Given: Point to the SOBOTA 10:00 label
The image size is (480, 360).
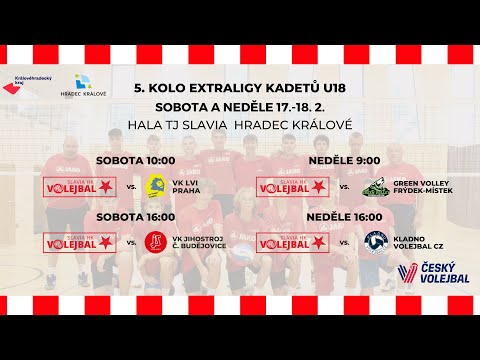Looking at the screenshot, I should [135, 160].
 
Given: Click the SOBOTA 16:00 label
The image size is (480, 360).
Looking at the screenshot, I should [135, 217].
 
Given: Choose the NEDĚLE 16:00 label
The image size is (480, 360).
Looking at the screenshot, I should [344, 217].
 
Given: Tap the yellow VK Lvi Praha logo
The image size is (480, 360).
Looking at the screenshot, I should [156, 185].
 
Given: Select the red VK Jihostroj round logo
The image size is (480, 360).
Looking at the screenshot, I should [156, 241].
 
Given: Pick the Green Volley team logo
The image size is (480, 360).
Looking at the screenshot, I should [376, 185].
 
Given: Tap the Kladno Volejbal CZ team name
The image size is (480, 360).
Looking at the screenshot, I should [424, 242].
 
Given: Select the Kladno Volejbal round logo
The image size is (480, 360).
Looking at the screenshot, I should [376, 242].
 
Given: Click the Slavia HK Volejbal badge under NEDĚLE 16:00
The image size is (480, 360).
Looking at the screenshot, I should [292, 242].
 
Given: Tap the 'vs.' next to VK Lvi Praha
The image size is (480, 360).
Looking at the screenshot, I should [132, 186].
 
